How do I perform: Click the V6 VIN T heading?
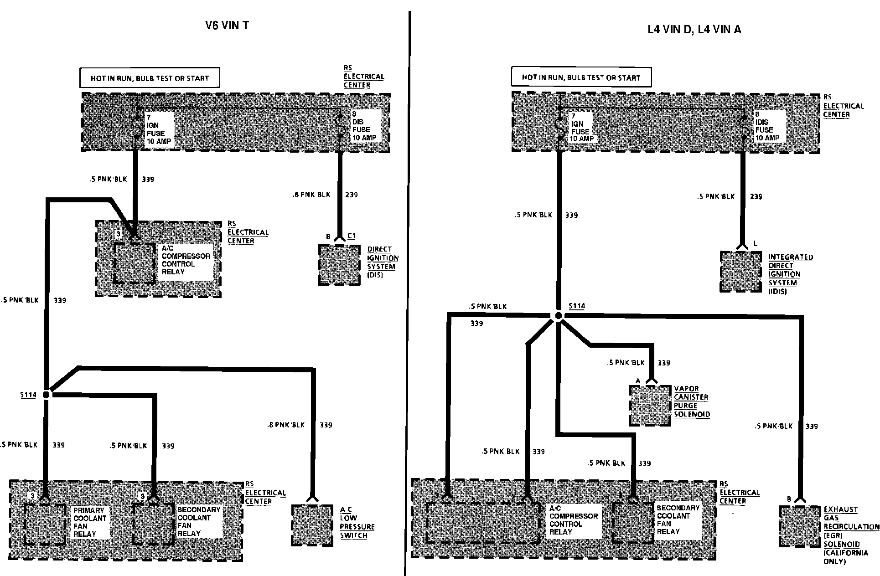227,25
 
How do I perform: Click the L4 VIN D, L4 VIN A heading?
694,30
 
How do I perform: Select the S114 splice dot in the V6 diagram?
46,395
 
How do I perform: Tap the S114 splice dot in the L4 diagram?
559,315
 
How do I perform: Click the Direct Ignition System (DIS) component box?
339,265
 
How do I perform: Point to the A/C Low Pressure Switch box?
312,525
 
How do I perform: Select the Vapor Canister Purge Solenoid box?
650,405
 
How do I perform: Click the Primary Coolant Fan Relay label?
89,522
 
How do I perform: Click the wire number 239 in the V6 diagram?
351,195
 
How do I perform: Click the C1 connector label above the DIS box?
351,236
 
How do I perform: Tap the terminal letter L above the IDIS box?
755,244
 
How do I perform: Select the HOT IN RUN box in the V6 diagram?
150,78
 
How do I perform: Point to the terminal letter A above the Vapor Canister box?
638,381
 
